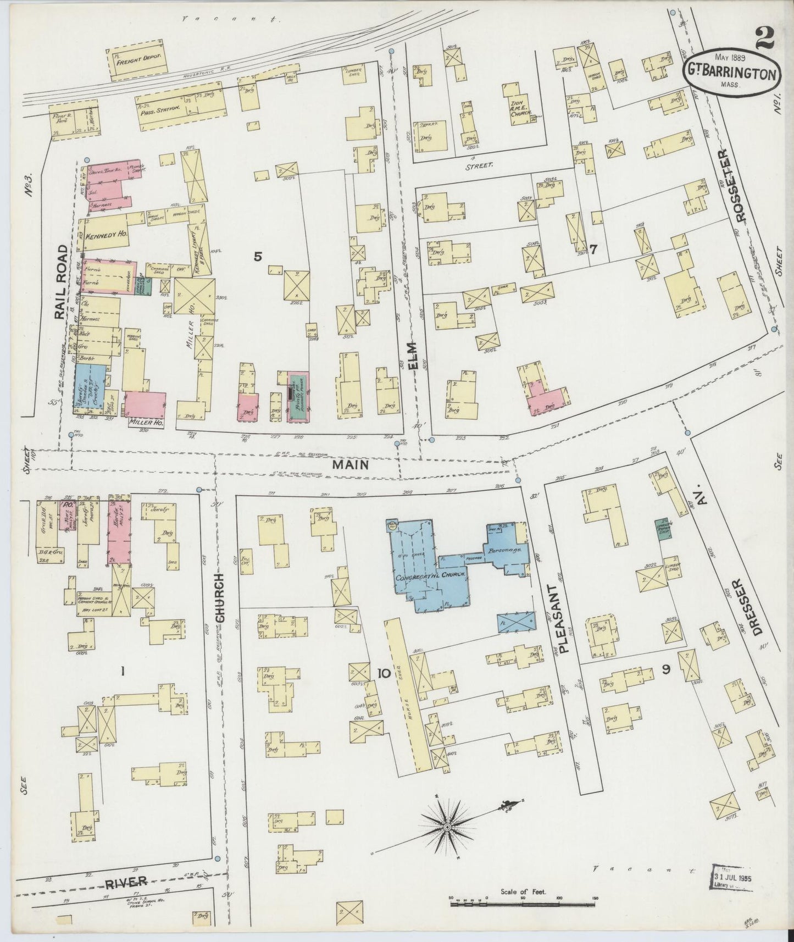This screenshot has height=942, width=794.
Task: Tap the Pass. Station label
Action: coord(160,108)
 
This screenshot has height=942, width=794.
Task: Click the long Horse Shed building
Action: coord(407,692)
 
